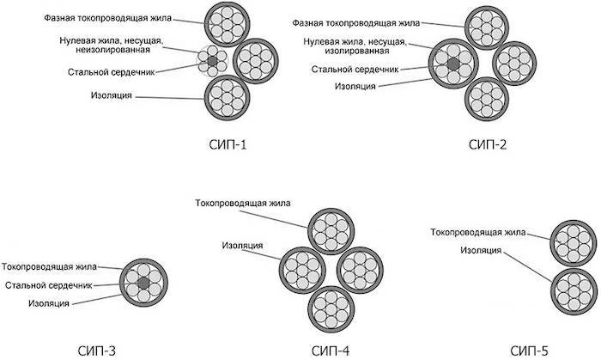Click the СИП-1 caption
click(228, 145)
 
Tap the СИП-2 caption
click(488, 145)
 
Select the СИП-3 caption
click(96, 351)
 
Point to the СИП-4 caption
click(331, 351)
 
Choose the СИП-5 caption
click(530, 351)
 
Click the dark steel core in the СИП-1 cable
click(212, 61)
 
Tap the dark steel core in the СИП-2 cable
click(453, 64)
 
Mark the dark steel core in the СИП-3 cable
click(143, 284)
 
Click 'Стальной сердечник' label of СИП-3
click(49, 285)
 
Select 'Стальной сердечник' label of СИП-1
click(111, 72)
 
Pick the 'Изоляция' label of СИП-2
click(355, 86)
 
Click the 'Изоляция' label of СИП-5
click(481, 250)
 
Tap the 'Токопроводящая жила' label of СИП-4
click(243, 203)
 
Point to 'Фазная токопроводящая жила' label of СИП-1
click(107, 18)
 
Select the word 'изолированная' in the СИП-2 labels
click(357, 51)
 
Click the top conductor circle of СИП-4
click(331, 232)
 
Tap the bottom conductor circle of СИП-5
click(574, 292)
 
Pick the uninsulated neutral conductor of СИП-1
click(212, 61)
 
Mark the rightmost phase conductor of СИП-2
click(514, 64)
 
